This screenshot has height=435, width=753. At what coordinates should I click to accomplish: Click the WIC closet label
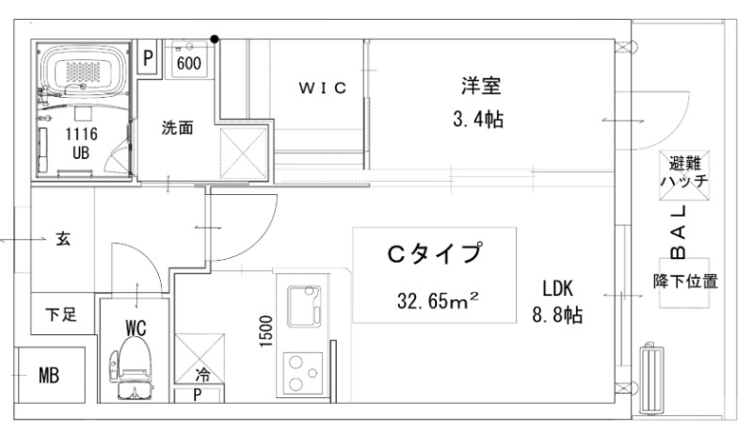click(323, 89)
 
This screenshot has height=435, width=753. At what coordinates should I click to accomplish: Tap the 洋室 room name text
click(480, 87)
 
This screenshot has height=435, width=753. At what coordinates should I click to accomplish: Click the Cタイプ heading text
click(435, 254)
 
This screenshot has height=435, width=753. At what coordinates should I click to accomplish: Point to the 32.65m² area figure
click(439, 302)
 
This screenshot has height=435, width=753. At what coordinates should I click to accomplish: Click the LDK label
click(557, 288)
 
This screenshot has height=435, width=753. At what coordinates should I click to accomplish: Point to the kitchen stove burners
click(303, 371)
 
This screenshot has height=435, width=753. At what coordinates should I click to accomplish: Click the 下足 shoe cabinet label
click(61, 314)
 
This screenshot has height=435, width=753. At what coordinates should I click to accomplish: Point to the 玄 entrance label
click(63, 239)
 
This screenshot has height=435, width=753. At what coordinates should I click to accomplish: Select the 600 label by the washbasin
click(189, 63)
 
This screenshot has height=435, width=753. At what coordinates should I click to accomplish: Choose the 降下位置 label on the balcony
click(686, 281)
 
